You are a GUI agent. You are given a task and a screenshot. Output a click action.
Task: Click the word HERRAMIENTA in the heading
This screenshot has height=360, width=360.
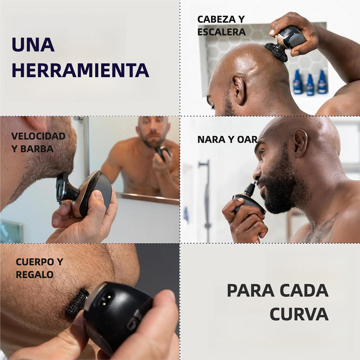pyautogui.click(x=81, y=70)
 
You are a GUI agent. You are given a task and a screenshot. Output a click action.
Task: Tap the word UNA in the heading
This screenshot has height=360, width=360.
pyautogui.click(x=33, y=45)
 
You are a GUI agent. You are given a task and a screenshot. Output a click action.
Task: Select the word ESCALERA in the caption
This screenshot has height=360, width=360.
pyautogui.click(x=222, y=32)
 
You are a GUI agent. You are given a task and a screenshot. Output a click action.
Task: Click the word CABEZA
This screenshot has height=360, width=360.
pyautogui.click(x=217, y=20)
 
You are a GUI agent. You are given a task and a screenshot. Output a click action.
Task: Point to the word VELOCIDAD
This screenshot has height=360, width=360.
pyautogui.click(x=38, y=136)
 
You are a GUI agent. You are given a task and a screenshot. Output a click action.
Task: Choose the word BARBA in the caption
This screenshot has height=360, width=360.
pyautogui.click(x=37, y=149)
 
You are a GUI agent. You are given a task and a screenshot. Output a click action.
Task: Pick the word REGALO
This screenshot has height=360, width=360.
pyautogui.click(x=35, y=274)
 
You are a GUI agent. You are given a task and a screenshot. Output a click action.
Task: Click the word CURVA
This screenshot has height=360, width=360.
pyautogui.click(x=299, y=314)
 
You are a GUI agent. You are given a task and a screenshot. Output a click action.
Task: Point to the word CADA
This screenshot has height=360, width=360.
pyautogui.click(x=304, y=290)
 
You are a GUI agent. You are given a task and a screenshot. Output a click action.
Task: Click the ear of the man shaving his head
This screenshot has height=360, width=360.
pyautogui.click(x=239, y=90)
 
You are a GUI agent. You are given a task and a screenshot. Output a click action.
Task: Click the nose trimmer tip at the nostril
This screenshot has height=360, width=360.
pyautogui.click(x=254, y=183)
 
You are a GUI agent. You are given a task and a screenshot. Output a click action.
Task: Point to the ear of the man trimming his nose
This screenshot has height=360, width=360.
pyautogui.click(x=300, y=143)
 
